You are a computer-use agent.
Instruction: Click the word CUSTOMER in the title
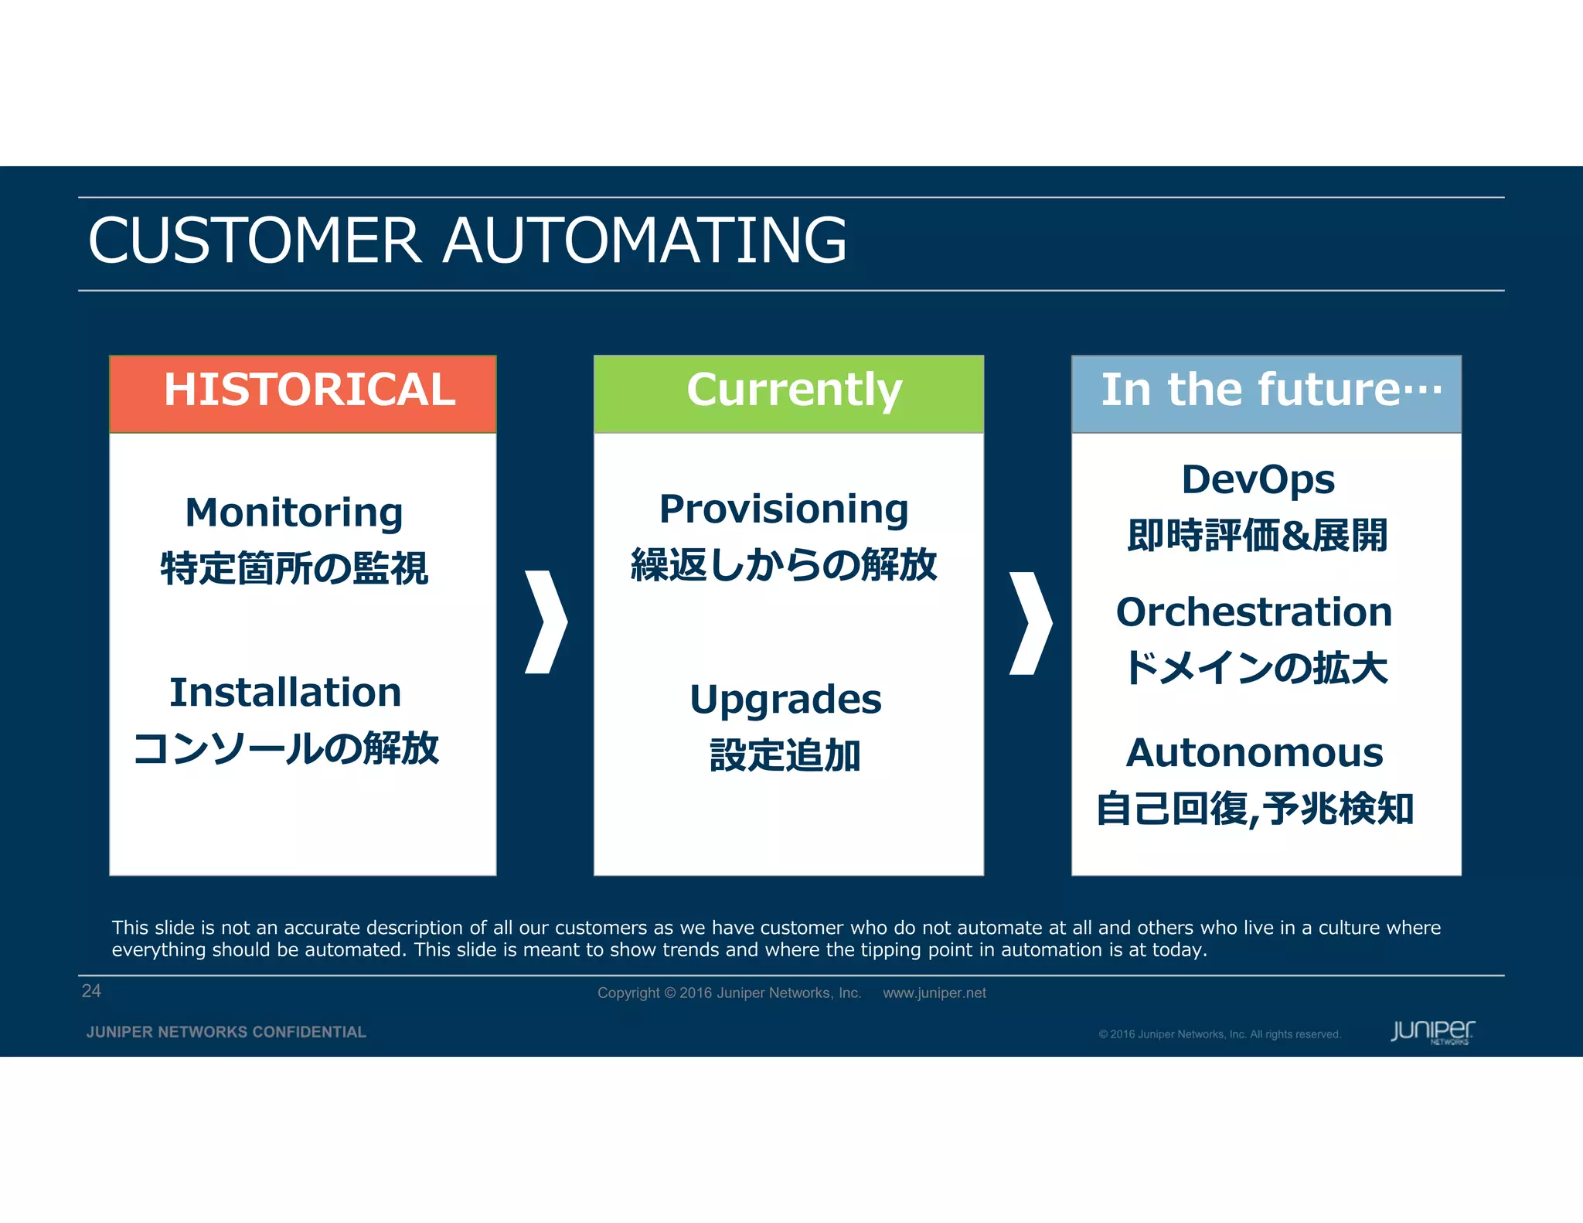pyautogui.click(x=255, y=240)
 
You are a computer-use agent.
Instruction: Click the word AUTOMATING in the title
pyautogui.click(x=645, y=240)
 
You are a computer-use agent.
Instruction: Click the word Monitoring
pyautogui.click(x=294, y=513)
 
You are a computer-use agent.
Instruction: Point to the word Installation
pyautogui.click(x=285, y=693)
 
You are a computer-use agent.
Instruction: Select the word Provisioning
pyautogui.click(x=784, y=509)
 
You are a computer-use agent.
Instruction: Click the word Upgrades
pyautogui.click(x=785, y=700)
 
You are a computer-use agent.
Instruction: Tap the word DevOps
pyautogui.click(x=1258, y=480)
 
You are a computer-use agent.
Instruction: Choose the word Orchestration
pyautogui.click(x=1254, y=612)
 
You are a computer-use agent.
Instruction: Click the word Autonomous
pyautogui.click(x=1254, y=753)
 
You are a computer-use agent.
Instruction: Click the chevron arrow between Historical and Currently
pyautogui.click(x=546, y=622)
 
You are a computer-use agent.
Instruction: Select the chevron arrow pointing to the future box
pyautogui.click(x=1030, y=623)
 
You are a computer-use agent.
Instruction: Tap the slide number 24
pyautogui.click(x=91, y=991)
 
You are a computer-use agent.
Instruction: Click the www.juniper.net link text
pyautogui.click(x=934, y=993)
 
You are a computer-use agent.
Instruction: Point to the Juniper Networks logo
pyautogui.click(x=1432, y=1031)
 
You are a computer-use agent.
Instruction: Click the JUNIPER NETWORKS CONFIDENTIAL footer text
pyautogui.click(x=226, y=1032)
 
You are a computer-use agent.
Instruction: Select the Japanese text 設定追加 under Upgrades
pyautogui.click(x=785, y=756)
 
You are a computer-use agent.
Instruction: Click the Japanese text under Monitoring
pyautogui.click(x=294, y=569)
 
